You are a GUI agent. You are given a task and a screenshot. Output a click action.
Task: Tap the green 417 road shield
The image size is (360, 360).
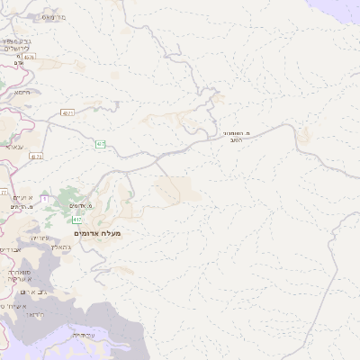pyautogui.click(x=77, y=220)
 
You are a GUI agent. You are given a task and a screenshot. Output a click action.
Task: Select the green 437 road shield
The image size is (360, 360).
pyautogui.click(x=101, y=144)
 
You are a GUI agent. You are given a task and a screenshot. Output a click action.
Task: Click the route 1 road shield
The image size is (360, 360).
pyautogui.click(x=44, y=198)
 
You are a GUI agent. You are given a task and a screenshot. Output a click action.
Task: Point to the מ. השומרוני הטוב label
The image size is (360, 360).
pyautogui.click(x=237, y=136)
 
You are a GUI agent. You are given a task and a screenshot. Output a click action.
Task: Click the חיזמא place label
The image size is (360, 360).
pyautogui.click(x=22, y=92)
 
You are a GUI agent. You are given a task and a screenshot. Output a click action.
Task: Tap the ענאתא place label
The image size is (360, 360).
pyautogui.click(x=13, y=146)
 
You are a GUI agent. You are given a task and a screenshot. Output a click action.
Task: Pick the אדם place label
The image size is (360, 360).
pyautogui.click(x=18, y=63)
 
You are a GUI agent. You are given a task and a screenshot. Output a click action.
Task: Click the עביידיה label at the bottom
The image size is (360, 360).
pyautogui.click(x=85, y=335)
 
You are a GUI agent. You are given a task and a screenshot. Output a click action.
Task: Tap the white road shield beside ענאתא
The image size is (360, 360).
pyautogui.click(x=36, y=156)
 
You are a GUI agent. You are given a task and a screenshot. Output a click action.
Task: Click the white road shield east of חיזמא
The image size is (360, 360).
pyautogui.click(x=67, y=112)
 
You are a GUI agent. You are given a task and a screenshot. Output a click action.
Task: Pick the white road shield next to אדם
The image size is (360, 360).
pyautogui.click(x=30, y=56)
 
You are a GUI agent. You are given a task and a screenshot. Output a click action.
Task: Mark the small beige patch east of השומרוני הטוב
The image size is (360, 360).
pyautogui.click(x=303, y=135)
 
